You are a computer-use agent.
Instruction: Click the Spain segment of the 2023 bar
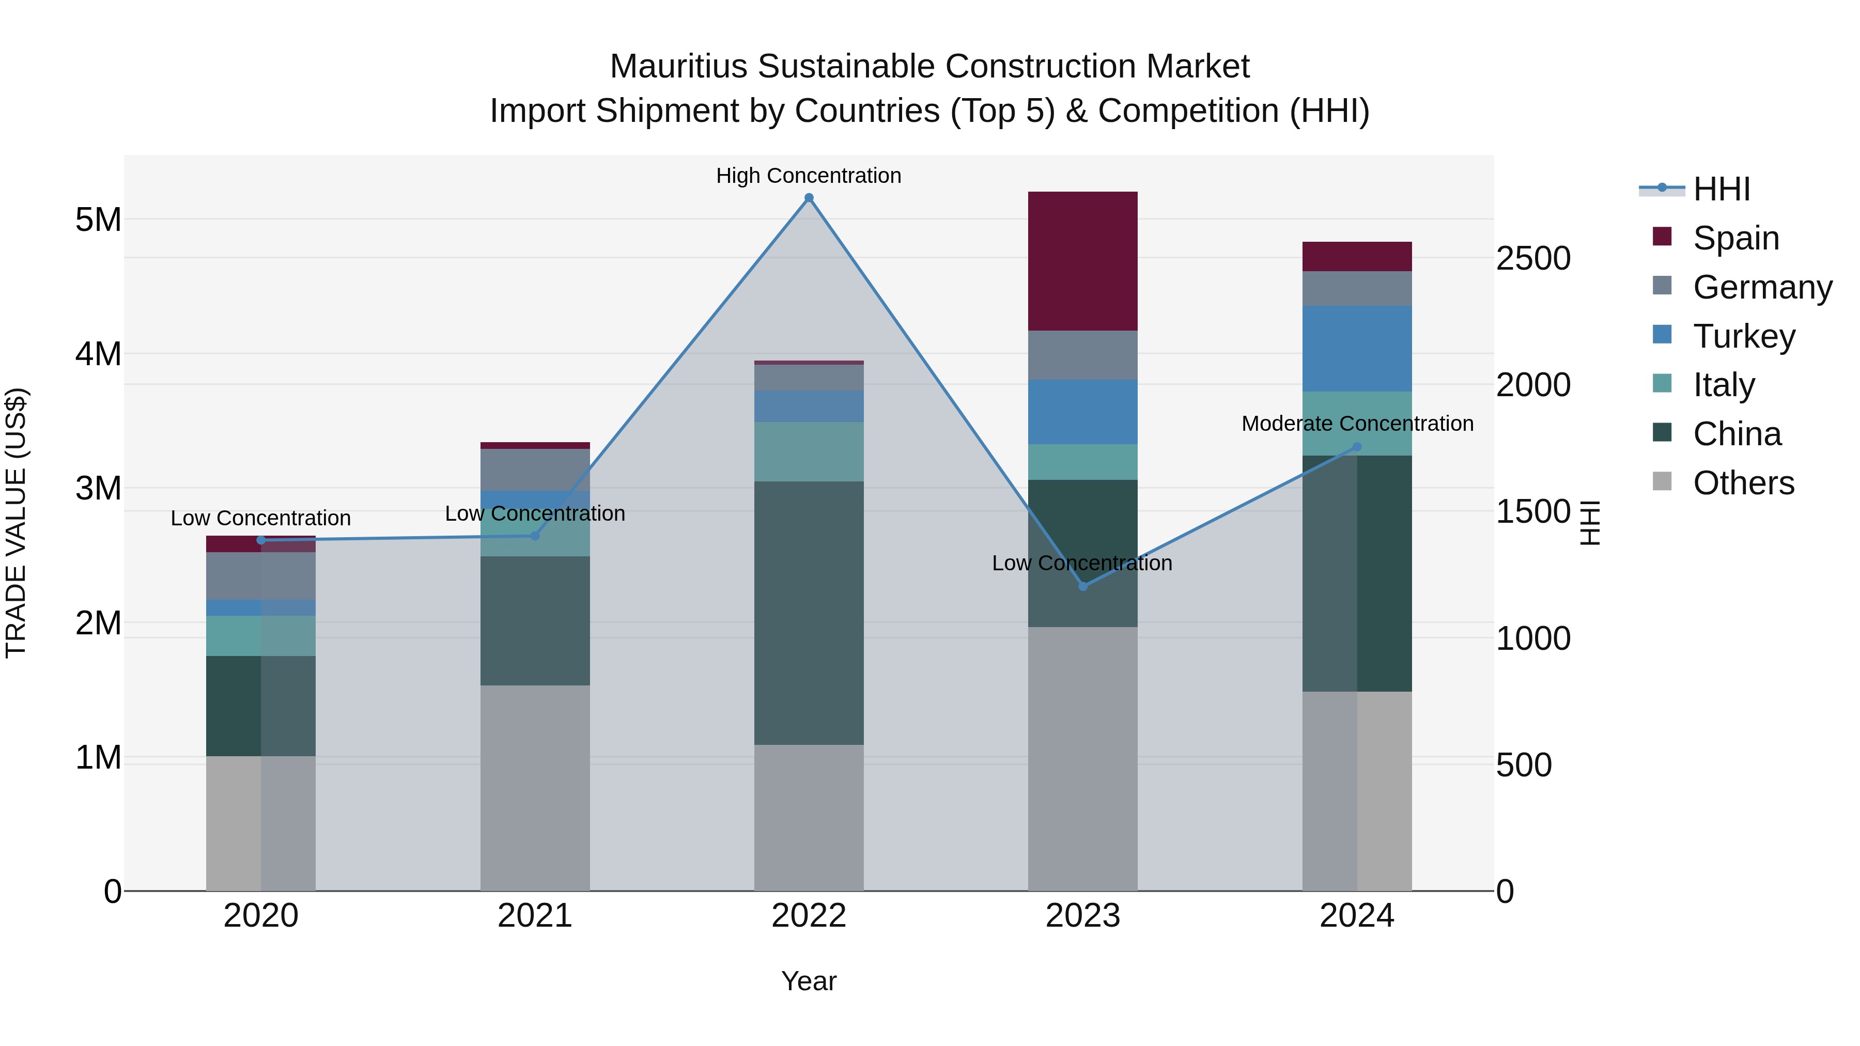1082,261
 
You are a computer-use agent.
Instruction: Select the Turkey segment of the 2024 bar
1357,348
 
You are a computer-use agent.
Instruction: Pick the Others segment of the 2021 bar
535,788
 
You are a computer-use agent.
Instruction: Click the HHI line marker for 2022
809,198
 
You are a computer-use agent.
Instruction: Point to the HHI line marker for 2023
1082,586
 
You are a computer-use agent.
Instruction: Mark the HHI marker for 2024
1357,447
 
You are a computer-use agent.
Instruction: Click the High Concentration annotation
809,176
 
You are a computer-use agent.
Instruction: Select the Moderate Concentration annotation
1357,424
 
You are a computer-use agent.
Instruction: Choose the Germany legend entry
1762,287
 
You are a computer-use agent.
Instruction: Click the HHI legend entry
1722,189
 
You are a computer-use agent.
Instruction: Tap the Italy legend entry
1724,385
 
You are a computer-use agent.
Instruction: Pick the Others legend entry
1743,483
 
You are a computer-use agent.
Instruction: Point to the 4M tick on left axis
98,354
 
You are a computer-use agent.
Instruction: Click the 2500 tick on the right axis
1533,258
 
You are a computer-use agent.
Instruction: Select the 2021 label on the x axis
535,916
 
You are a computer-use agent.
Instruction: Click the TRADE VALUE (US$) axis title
16,523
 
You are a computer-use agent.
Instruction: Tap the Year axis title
809,981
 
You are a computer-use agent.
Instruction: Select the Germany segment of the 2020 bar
261,575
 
